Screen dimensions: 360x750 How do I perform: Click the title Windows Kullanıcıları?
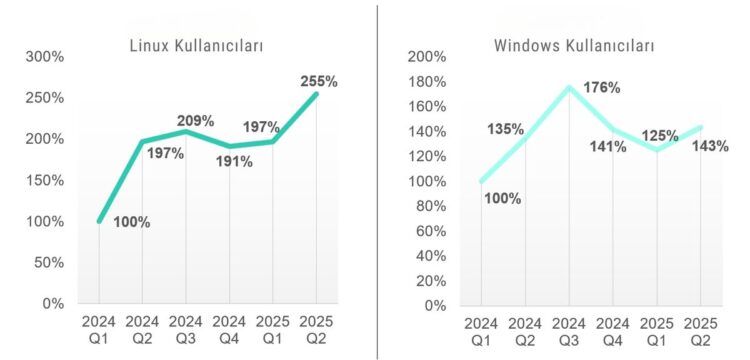click(574, 46)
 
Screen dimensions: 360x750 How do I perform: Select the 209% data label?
click(196, 121)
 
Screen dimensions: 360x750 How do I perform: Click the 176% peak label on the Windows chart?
click(601, 87)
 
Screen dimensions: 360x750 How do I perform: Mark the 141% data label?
click(608, 146)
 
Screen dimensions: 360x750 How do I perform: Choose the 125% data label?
click(661, 135)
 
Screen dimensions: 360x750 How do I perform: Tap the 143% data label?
click(710, 145)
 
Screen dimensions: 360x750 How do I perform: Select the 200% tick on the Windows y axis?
click(427, 57)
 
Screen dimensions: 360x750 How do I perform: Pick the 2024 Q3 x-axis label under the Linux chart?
click(186, 331)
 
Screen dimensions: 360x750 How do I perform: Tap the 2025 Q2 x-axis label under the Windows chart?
click(700, 331)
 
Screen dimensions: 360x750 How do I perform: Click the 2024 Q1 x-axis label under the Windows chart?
click(481, 331)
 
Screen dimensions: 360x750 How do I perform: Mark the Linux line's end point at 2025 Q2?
click(316, 94)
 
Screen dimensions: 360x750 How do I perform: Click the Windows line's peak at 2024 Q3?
click(569, 87)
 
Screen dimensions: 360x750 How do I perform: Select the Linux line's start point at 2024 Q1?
click(99, 221)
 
